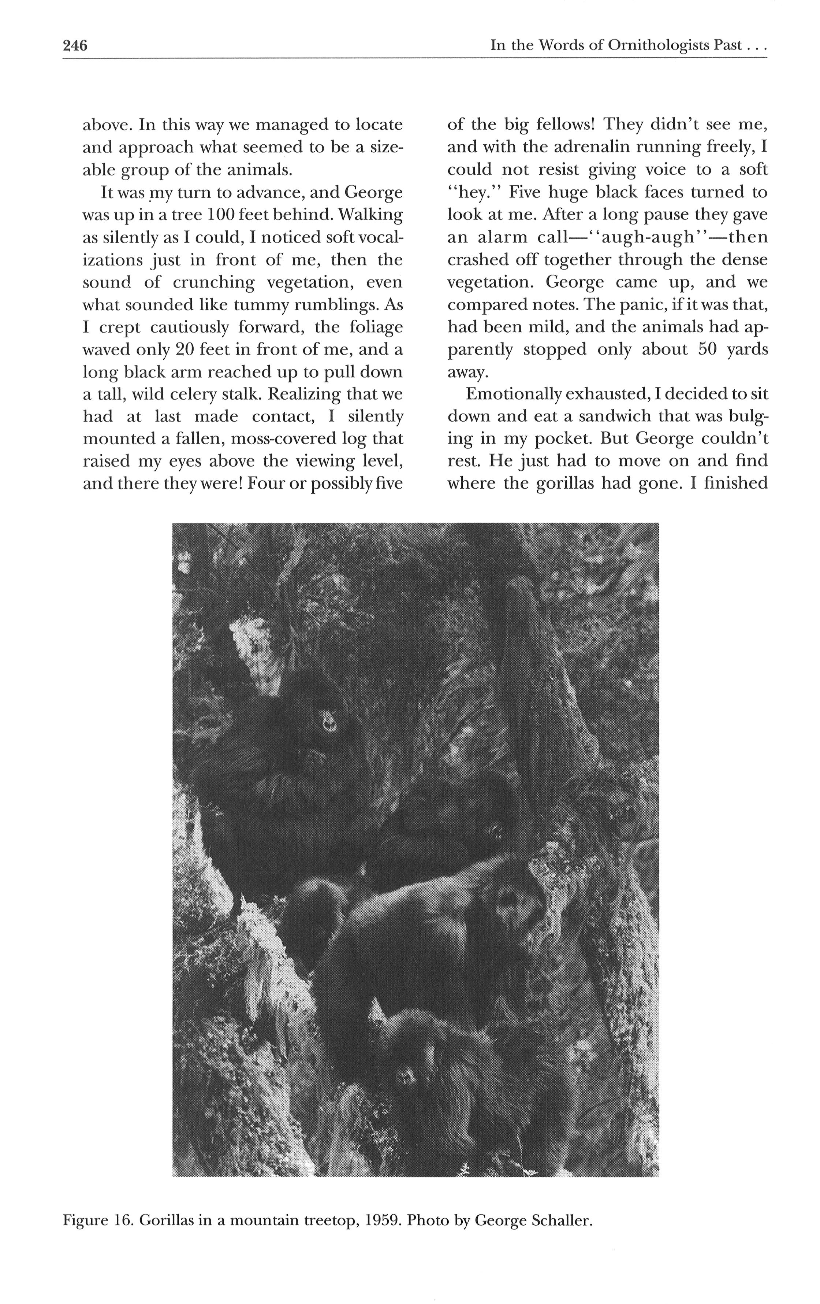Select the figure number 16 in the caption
[122, 1220]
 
